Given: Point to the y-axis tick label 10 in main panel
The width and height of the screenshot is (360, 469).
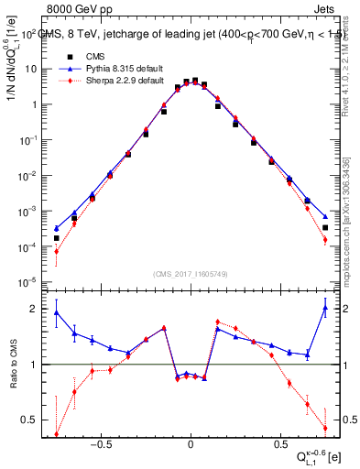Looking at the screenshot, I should (x=29, y=70).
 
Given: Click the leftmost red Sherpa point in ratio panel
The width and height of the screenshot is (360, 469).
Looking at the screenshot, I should (x=56, y=434).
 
